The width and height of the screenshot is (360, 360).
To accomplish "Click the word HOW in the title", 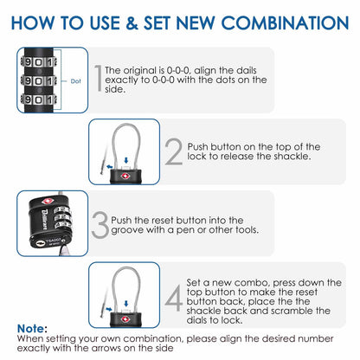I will [39, 22].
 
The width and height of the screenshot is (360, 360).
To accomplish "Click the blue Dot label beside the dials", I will [75, 85].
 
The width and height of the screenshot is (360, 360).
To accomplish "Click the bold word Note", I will [32, 328].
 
